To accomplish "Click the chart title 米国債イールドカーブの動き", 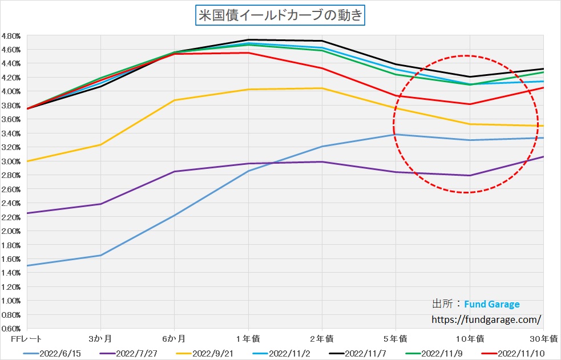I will point(280,15).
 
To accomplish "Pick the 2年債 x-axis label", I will point(322,339).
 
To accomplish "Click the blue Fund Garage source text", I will point(492,304).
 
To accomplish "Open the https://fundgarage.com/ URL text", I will point(485,320).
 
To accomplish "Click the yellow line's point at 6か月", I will point(175,100).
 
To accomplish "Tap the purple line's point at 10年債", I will point(470,175).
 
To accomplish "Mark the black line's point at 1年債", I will point(248,40).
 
